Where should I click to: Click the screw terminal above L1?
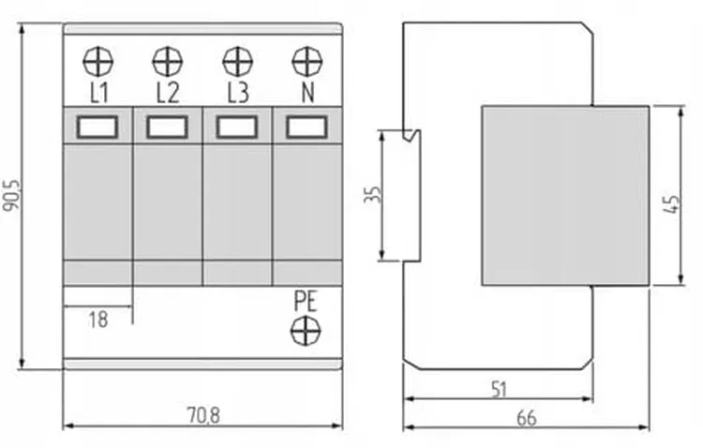(x=97, y=62)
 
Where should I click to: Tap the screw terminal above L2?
(x=167, y=62)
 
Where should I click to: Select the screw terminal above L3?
(x=237, y=62)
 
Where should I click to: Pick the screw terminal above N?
(x=307, y=62)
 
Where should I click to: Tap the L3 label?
(x=237, y=92)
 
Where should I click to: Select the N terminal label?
(x=307, y=92)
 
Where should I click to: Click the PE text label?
(x=306, y=302)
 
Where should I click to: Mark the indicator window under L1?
(x=97, y=127)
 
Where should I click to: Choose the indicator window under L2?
(x=167, y=127)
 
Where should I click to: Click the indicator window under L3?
(x=237, y=127)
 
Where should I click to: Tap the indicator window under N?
(x=307, y=127)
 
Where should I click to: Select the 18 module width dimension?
(x=97, y=319)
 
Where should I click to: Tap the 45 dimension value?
(x=669, y=204)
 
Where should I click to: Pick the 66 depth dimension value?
(x=527, y=418)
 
